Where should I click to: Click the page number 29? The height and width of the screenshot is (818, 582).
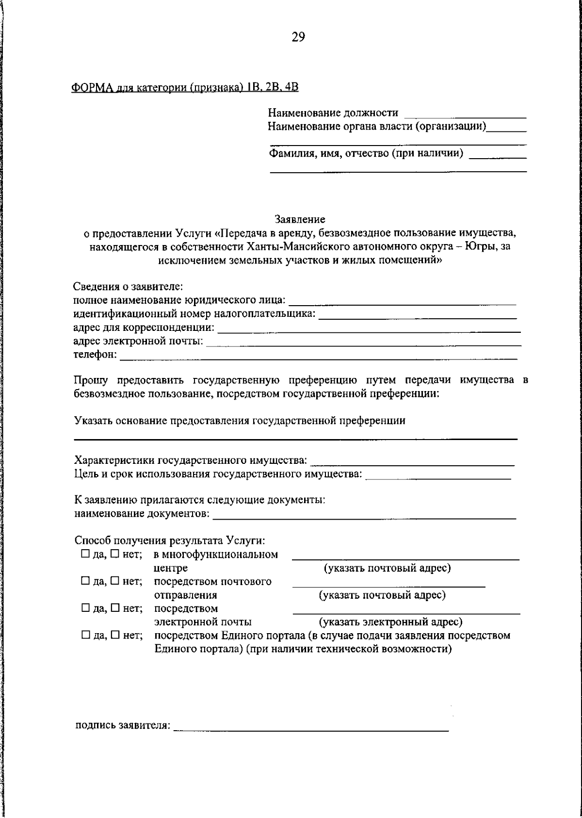coord(298,37)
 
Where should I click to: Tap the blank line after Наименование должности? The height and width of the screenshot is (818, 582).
coord(465,115)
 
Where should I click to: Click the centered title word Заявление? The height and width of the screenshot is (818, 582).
coord(300,219)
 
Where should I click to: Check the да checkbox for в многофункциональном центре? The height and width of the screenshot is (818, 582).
coord(85,554)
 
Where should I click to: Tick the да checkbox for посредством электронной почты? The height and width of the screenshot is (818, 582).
coord(85,608)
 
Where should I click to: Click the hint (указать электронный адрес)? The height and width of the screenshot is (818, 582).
coord(390,622)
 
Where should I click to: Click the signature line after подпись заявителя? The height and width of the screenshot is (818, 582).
coord(310,727)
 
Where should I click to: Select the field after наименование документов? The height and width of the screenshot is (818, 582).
coord(364,515)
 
